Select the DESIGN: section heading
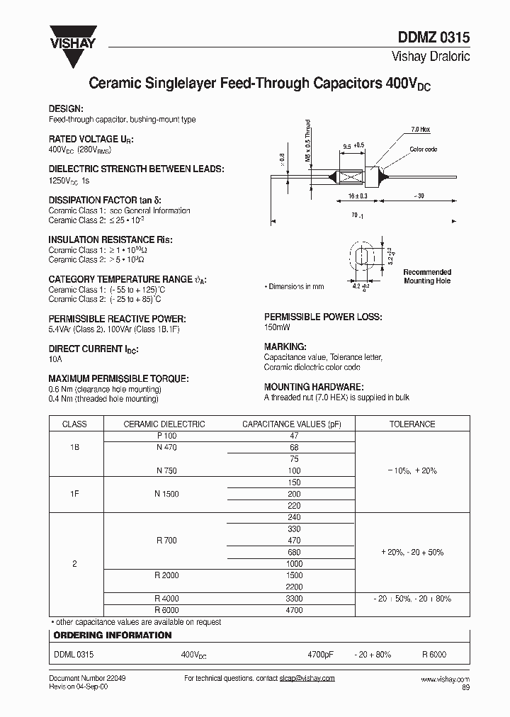pos(66,108)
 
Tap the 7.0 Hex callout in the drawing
pos(420,130)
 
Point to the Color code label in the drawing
pos(423,149)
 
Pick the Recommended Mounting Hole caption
pos(427,276)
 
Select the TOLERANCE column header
pos(412,424)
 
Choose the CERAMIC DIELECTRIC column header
pos(164,424)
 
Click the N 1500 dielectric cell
pos(166,494)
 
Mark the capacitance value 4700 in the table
pos(294,610)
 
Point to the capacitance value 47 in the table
pos(294,436)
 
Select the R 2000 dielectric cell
pos(166,575)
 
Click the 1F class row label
pos(75,494)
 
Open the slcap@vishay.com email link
pos(308,679)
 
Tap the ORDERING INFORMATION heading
pos(113,636)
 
